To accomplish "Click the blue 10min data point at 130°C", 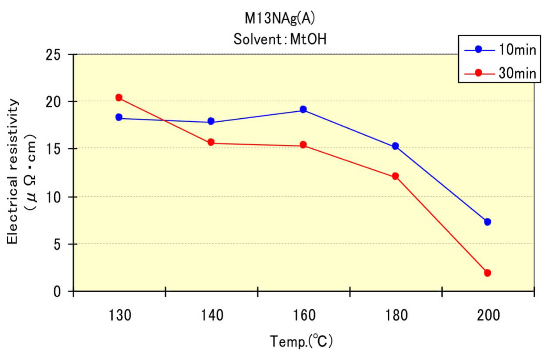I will [x=119, y=117].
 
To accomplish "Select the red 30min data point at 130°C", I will [x=119, y=97].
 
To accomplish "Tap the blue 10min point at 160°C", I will [x=303, y=109].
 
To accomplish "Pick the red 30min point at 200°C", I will [x=487, y=273].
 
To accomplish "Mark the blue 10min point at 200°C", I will [x=487, y=222].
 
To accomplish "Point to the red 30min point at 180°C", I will [x=395, y=176].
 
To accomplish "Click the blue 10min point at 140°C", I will [x=211, y=121].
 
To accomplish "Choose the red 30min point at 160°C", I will [x=303, y=144].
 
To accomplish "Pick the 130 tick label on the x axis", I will [x=119, y=315].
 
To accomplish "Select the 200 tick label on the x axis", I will [x=487, y=315].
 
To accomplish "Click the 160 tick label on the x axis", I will [x=303, y=315].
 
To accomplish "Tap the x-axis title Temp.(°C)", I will [x=301, y=341].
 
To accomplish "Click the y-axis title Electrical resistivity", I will [x=13, y=172].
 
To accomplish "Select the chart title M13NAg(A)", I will [x=280, y=19].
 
